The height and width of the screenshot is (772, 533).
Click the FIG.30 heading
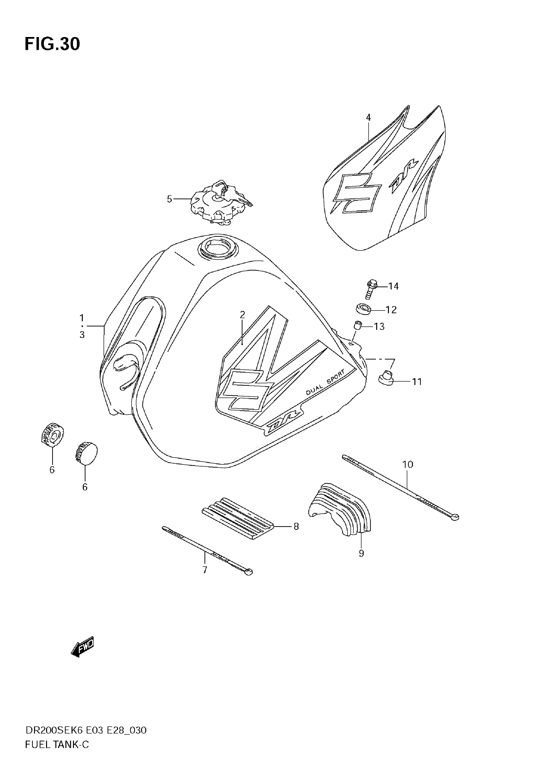tap(52, 44)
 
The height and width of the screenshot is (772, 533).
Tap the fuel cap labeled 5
tap(220, 203)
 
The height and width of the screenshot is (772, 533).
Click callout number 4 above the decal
tap(368, 118)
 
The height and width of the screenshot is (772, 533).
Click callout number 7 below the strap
tap(205, 570)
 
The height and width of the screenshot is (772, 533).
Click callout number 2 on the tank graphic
tap(242, 315)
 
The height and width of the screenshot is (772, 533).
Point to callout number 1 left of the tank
tap(82, 318)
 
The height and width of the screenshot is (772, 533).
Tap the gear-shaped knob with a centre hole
tap(52, 433)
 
